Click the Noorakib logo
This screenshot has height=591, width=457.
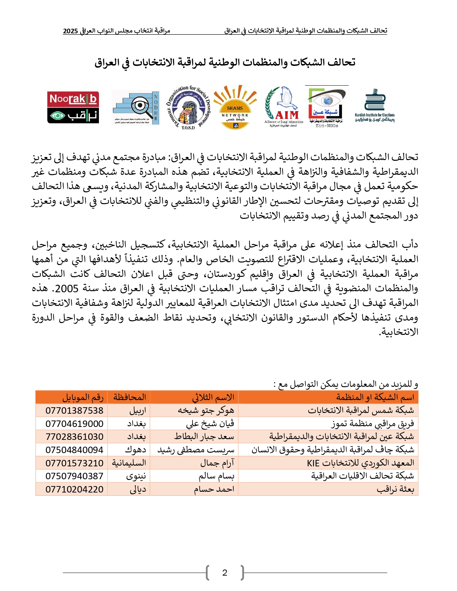coord(73,107)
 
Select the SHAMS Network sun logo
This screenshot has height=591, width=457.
coord(235,107)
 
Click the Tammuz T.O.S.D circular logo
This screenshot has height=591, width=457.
coord(188,107)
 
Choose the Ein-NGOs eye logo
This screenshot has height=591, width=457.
coord(327,107)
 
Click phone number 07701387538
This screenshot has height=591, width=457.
coord(74,410)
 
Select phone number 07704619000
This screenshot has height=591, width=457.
coord(74,424)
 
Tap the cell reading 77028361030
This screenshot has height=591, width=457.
coord(74,437)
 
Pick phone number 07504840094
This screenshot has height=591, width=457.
coord(74,450)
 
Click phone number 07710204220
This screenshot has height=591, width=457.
coord(74,489)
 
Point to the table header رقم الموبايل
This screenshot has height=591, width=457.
coord(83,397)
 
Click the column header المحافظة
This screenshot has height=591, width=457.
coord(129,397)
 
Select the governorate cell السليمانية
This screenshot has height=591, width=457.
coord(129,463)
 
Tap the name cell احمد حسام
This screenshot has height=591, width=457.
coord(214,489)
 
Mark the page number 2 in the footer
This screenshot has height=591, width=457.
coord(225,573)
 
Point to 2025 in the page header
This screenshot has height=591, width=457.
coord(70,31)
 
